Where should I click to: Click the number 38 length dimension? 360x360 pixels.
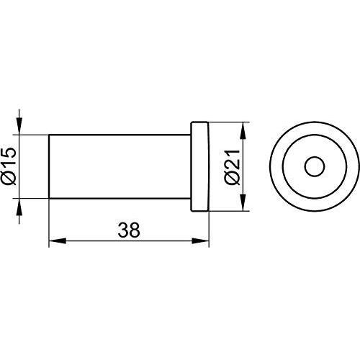pyautogui.click(x=129, y=230)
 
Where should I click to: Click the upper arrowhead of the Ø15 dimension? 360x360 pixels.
pyautogui.click(x=20, y=127)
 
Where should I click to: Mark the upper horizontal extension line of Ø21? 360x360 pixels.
pyautogui.click(x=230, y=123)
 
